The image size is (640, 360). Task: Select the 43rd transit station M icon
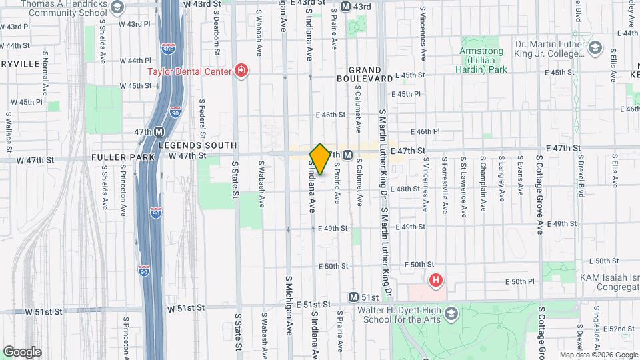pos(345,7)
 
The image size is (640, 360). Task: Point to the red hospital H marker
pos(436,281)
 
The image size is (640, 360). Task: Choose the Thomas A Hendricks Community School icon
pos(117,8)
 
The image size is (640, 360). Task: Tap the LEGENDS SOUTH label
pos(197,145)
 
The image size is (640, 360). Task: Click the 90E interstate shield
pos(169,49)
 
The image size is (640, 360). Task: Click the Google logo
pos(22,352)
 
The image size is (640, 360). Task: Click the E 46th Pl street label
pos(427,131)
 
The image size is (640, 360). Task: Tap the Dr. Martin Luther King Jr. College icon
pos(596,47)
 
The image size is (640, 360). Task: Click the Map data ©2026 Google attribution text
pos(598,355)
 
